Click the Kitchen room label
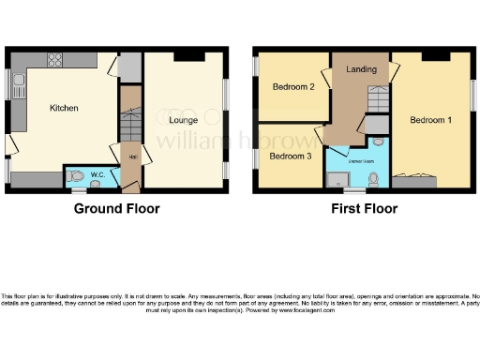coord(64,109)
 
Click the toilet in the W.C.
coord(75,175)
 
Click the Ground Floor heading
coord(116,209)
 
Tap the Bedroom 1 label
coord(431,120)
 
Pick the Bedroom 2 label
coord(292,87)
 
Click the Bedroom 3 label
coord(290,156)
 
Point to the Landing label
coord(361,69)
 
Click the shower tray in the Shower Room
coord(337,176)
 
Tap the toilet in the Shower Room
coord(373,178)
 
